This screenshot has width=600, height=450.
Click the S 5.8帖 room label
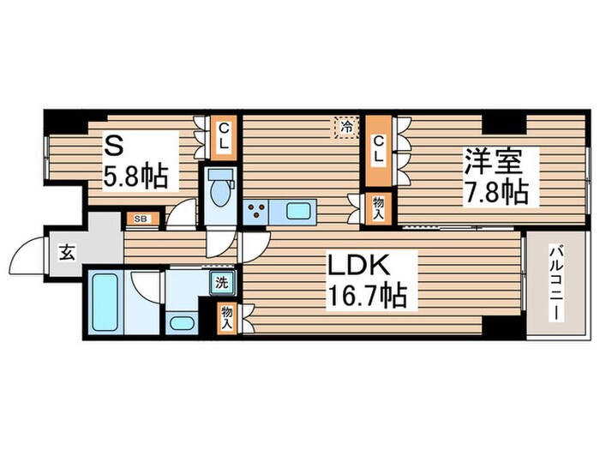(136, 164)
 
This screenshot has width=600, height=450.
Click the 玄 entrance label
(66, 252)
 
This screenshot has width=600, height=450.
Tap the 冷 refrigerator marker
(346, 127)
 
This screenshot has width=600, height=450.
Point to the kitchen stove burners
(255, 210)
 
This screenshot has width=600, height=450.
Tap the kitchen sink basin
(299, 210)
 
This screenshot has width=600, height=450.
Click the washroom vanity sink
(181, 323)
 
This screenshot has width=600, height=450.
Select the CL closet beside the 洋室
(378, 150)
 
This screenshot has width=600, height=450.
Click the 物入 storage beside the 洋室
(378, 207)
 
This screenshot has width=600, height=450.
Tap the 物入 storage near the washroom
(227, 316)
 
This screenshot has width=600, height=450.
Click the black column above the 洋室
(498, 123)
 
